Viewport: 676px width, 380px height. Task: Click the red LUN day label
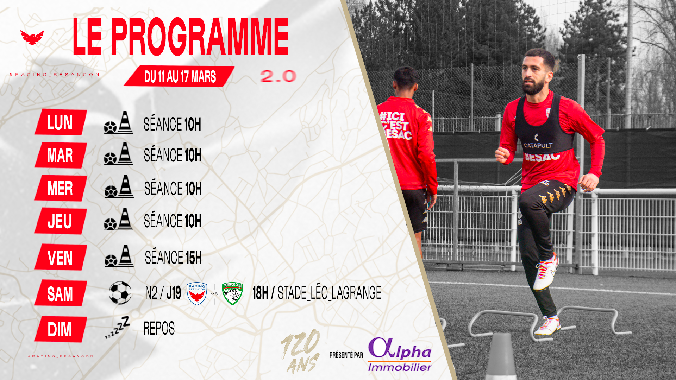[61, 122]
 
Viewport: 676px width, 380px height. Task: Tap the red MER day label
[61, 188]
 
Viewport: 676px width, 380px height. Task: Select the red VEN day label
[61, 257]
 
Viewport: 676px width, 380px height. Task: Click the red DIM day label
[61, 329]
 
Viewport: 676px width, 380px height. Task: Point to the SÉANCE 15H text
[173, 257]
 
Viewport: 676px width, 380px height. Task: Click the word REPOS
[159, 328]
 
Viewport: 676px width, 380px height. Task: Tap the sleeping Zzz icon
[118, 327]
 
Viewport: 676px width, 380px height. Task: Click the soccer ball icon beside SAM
[120, 293]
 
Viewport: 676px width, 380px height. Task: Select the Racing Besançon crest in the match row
[197, 293]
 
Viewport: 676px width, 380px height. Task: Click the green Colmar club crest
[232, 293]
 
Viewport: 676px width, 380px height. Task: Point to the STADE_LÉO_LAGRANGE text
[330, 293]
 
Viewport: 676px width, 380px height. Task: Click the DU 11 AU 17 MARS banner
[179, 76]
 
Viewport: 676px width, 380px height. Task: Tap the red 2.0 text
[278, 76]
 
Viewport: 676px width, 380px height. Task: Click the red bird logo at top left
[32, 37]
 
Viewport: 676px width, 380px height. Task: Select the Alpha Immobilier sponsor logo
[400, 355]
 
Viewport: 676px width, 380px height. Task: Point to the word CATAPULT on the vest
[538, 145]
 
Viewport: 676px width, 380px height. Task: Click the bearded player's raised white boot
[546, 272]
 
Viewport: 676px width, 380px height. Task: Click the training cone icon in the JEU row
[125, 219]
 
